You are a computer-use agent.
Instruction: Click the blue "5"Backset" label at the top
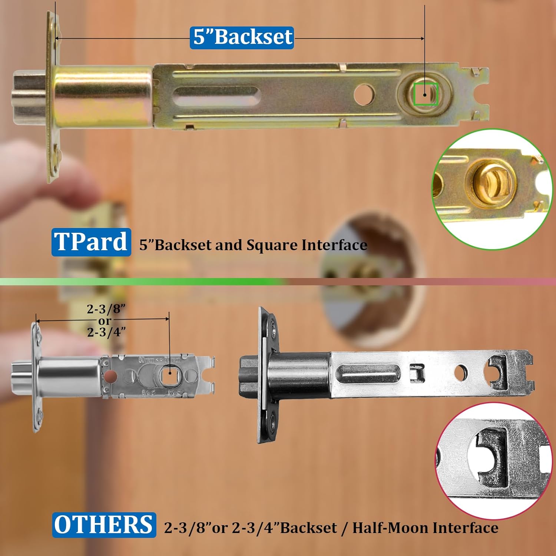tap(242, 37)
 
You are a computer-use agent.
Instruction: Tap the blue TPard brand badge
tap(91, 242)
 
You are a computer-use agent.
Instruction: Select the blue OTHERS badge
tap(104, 525)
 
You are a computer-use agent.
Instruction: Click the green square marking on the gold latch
tap(426, 94)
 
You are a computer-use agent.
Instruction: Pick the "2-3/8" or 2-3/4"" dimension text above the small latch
tap(106, 321)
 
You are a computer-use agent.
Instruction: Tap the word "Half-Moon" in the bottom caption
tap(390, 527)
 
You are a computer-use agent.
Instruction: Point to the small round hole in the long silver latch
tap(460, 373)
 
